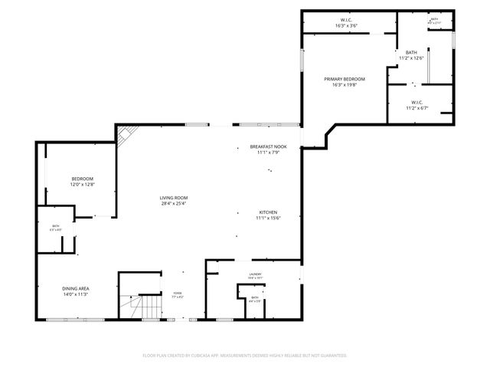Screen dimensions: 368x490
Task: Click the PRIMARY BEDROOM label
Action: click(344, 79)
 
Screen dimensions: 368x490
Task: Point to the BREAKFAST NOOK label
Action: click(268, 146)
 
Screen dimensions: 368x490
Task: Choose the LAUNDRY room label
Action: click(255, 274)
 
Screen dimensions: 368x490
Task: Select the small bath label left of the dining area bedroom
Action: click(56, 226)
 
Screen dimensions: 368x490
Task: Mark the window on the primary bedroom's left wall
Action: click(302, 64)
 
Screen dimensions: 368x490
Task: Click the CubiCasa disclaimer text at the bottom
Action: click(245, 356)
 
